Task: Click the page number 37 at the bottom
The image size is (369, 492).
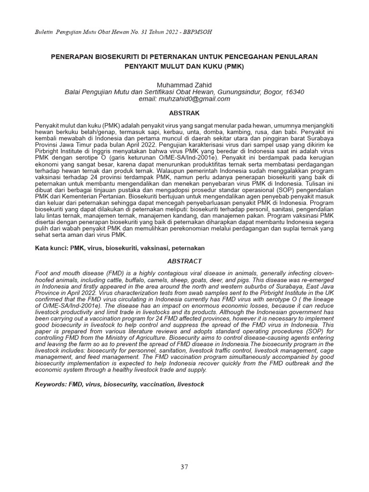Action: [x=184, y=467]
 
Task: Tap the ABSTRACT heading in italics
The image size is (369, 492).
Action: [x=184, y=261]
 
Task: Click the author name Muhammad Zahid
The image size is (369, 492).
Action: [x=184, y=85]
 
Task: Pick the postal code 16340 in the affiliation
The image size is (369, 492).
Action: [x=295, y=92]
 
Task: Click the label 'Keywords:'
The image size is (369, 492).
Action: [x=51, y=384]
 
